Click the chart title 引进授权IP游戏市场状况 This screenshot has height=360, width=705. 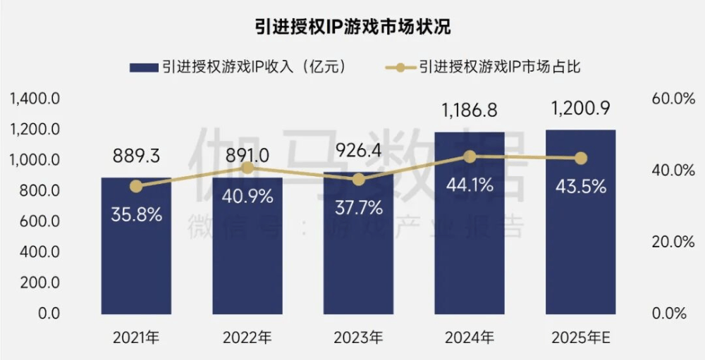point(352,27)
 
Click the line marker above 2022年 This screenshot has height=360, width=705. point(247,168)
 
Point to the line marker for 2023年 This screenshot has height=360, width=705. point(358,180)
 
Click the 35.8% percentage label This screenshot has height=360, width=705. point(136,215)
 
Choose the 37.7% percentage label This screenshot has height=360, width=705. point(358,208)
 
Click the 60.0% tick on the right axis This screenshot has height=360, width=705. point(673,99)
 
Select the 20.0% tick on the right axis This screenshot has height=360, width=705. point(673,242)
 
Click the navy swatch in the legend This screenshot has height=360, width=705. point(143,67)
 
